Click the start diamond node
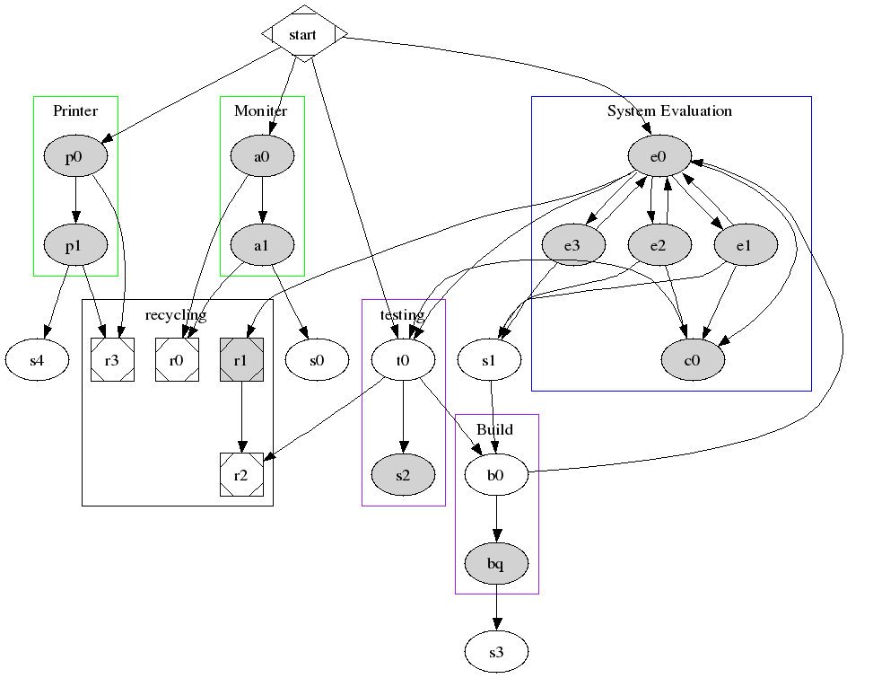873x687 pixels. pyautogui.click(x=303, y=34)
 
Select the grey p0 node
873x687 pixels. pyautogui.click(x=75, y=158)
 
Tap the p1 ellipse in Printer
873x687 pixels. pyautogui.click(x=75, y=244)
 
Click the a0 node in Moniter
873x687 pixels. pyautogui.click(x=261, y=158)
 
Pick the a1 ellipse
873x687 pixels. pyautogui.click(x=261, y=244)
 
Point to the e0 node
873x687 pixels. pyautogui.click(x=659, y=158)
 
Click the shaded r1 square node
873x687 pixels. pyautogui.click(x=240, y=360)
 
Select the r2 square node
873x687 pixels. pyautogui.click(x=240, y=475)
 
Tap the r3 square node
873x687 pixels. pyautogui.click(x=112, y=360)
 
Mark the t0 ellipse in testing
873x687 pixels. pyautogui.click(x=403, y=360)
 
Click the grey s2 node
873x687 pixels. pyautogui.click(x=403, y=475)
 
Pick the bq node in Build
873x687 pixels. pyautogui.click(x=496, y=565)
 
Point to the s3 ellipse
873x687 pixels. pyautogui.click(x=496, y=653)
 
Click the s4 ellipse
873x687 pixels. pyautogui.click(x=37, y=360)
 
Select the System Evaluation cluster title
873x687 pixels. pyautogui.click(x=669, y=111)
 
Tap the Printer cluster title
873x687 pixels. pyautogui.click(x=75, y=111)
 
